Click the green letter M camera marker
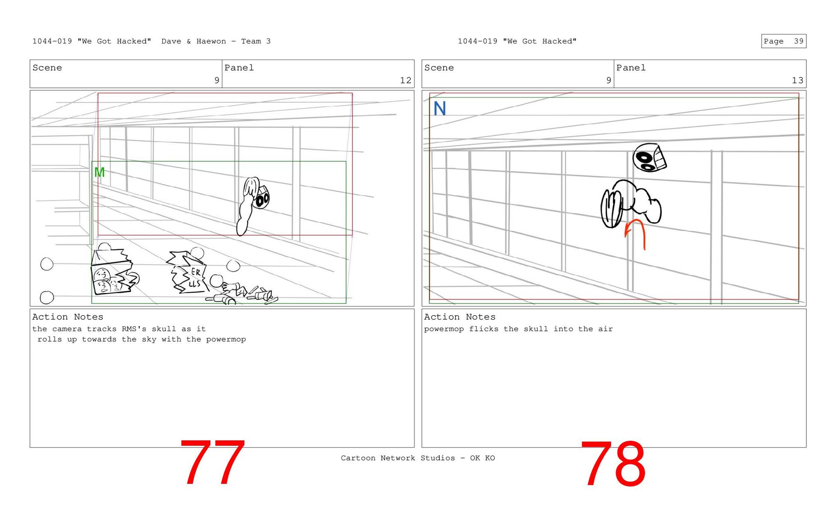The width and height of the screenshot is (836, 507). (x=99, y=173)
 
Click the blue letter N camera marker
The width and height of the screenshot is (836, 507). (x=440, y=108)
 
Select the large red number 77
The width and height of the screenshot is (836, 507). (x=212, y=462)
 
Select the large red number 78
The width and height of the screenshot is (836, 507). (x=613, y=464)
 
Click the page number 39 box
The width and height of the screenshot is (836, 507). (x=784, y=41)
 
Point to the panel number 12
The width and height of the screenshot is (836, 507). (x=405, y=80)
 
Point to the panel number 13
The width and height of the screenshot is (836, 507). (x=797, y=80)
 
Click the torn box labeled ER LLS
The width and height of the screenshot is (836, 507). (x=188, y=272)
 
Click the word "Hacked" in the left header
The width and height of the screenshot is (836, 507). (x=134, y=41)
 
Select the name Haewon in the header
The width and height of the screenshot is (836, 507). (x=211, y=41)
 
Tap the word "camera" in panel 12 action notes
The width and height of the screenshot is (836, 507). (x=67, y=329)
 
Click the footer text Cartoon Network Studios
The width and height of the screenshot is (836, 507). (x=398, y=458)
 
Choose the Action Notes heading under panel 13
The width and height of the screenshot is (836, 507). (x=460, y=317)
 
